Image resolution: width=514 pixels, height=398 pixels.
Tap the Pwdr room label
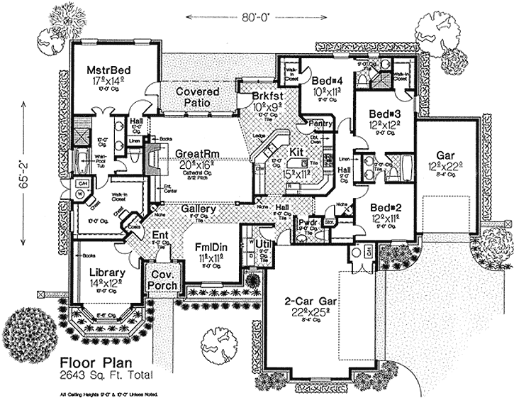point(306,221)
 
